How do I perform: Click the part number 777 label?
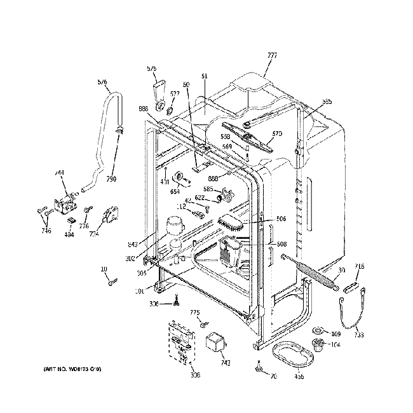(272, 55)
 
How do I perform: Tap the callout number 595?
(327, 101)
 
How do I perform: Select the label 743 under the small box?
(225, 363)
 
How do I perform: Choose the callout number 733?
(358, 335)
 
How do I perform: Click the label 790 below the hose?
(111, 179)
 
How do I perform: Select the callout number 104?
(336, 345)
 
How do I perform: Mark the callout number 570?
(276, 133)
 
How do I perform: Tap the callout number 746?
(46, 231)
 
